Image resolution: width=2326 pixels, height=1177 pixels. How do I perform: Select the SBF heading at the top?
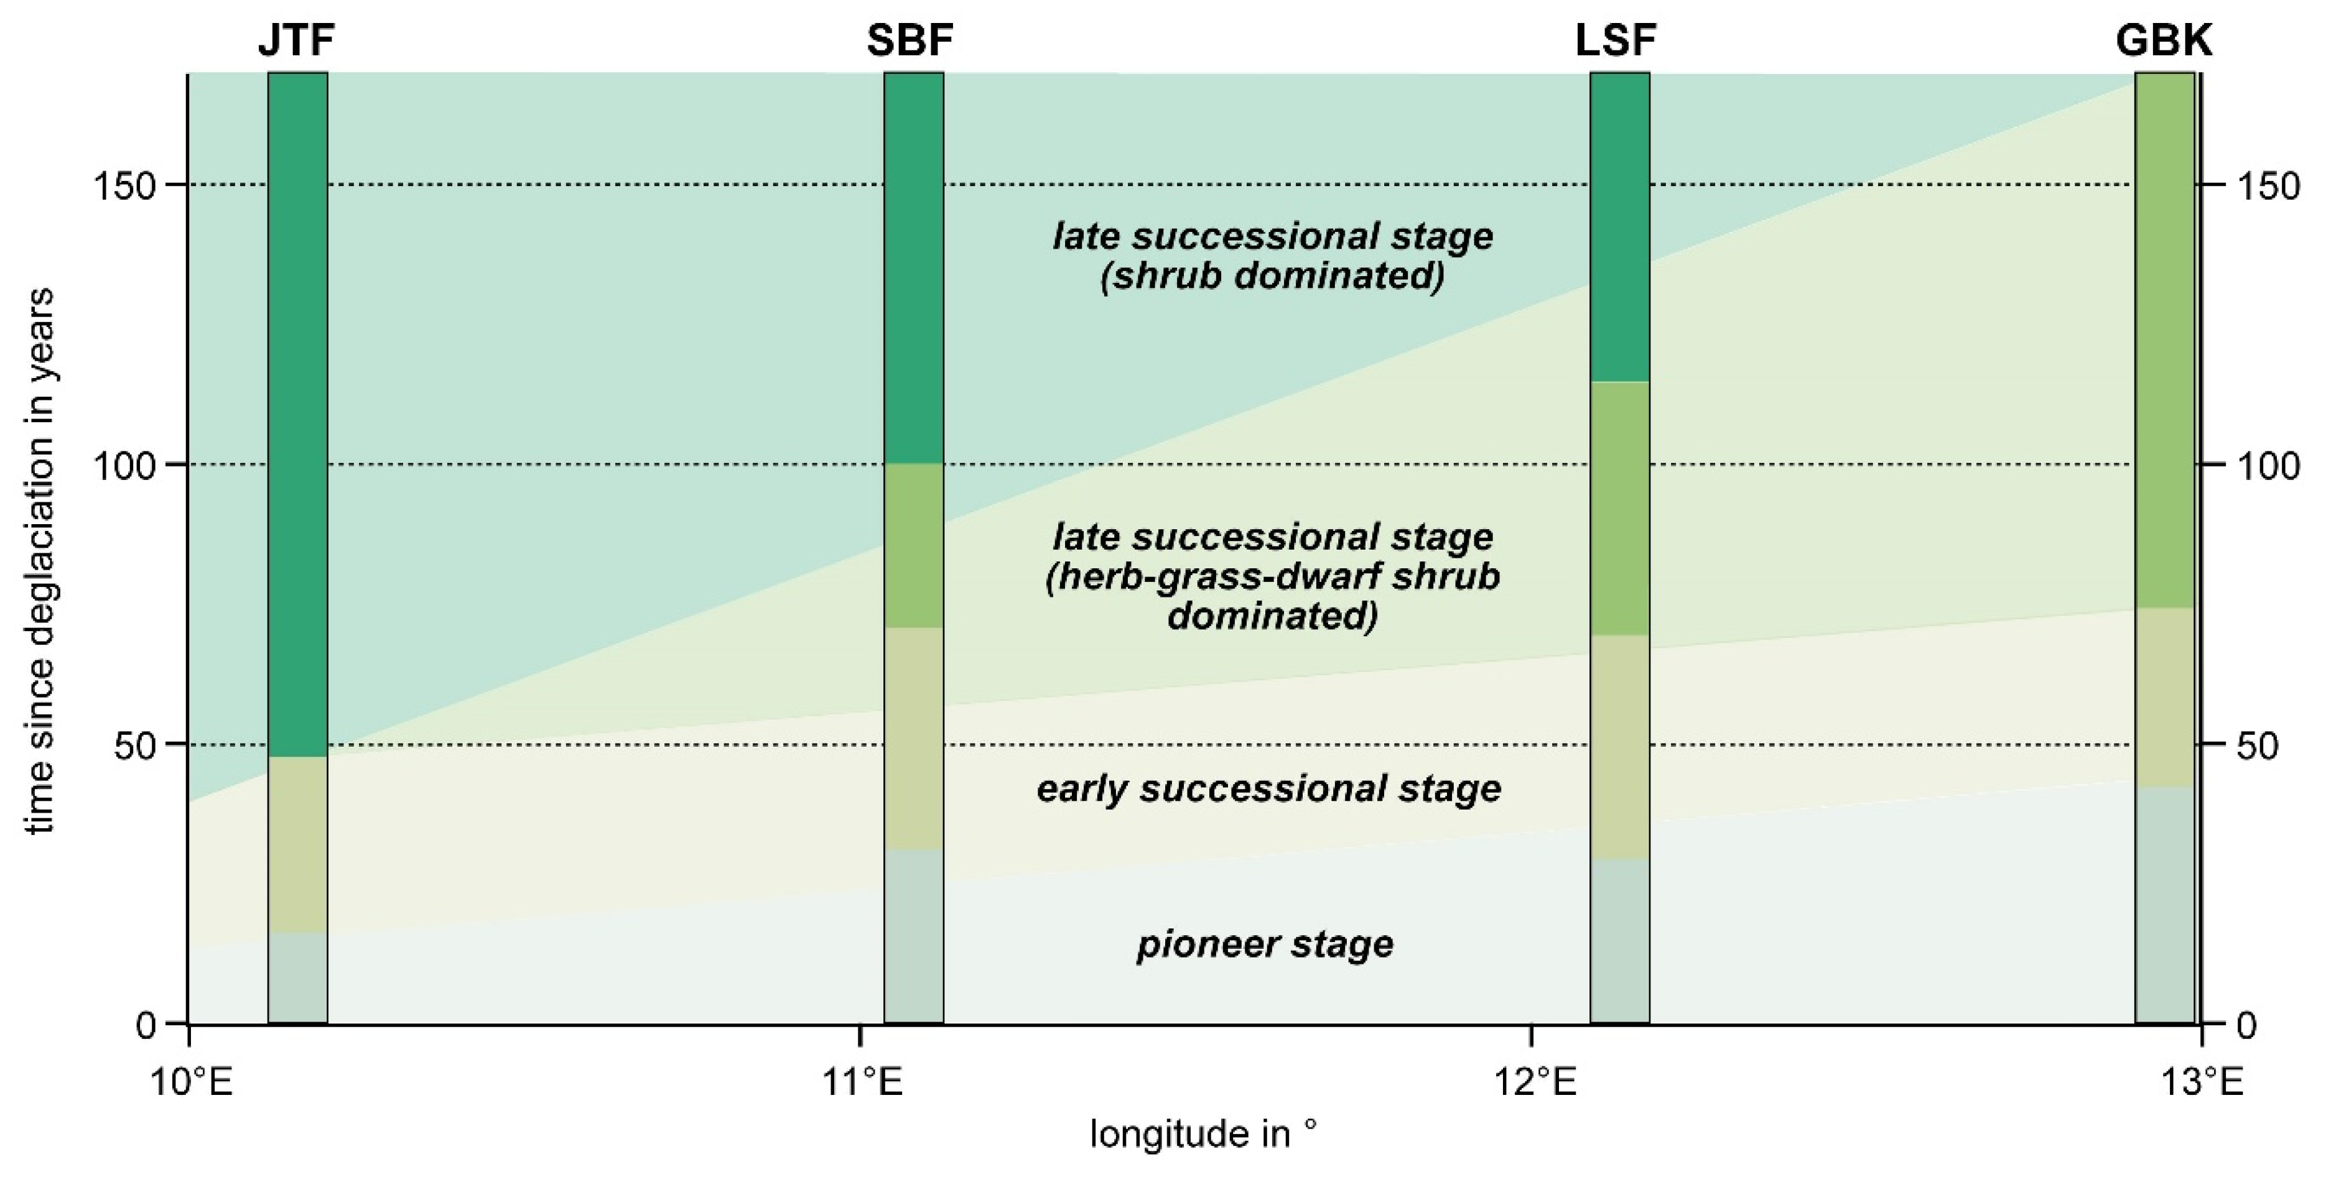point(910,40)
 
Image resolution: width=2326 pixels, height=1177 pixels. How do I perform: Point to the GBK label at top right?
point(2164,40)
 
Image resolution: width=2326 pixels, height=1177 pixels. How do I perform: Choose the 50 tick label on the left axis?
point(136,745)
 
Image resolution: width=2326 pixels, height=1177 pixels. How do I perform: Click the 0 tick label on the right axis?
point(2246,1025)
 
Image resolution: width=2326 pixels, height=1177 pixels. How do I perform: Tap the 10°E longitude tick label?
point(192,1081)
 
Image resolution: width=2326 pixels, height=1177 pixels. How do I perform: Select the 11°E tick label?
point(862,1081)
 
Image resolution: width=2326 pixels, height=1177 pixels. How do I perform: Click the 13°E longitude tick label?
point(2202,1081)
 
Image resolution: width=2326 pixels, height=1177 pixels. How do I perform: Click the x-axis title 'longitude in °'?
point(1203,1133)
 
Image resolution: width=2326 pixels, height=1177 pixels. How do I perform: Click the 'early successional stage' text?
point(1268,789)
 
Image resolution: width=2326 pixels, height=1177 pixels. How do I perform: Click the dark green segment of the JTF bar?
point(298,415)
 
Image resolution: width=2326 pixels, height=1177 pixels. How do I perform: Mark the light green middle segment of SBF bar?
point(914,546)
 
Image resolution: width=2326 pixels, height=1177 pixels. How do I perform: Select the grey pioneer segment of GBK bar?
point(2164,905)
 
